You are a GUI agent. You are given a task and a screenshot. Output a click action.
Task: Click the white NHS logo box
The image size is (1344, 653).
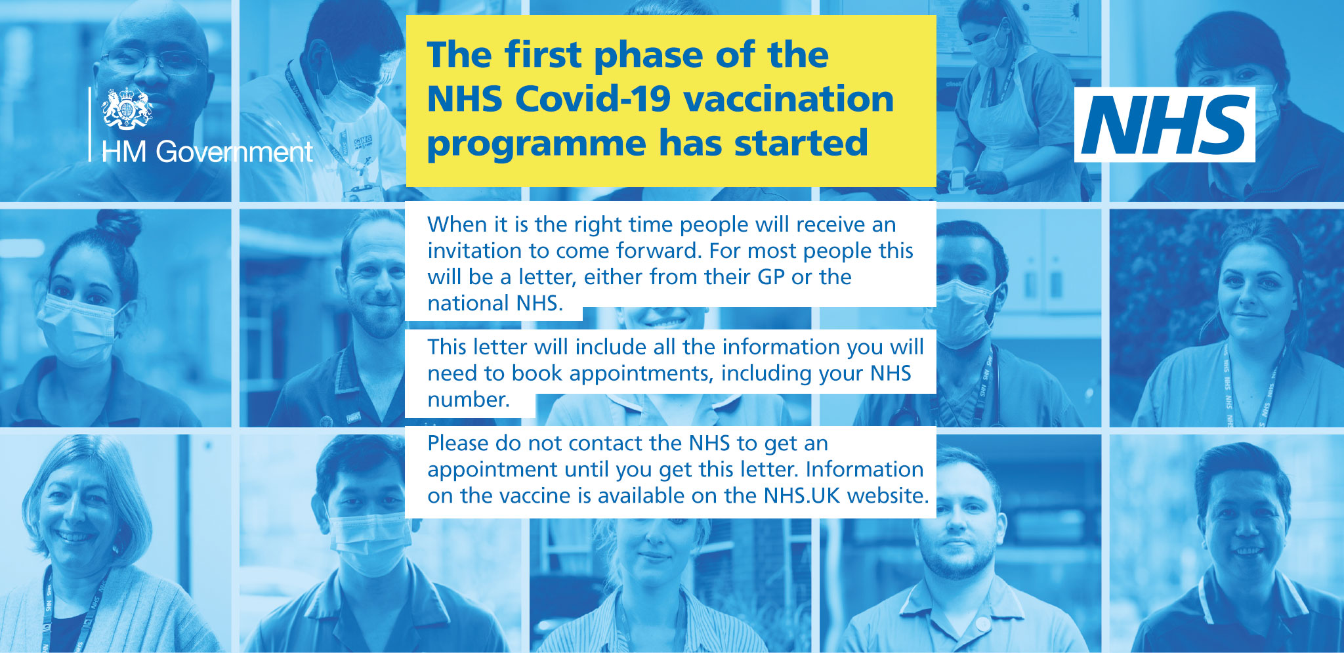click(1164, 125)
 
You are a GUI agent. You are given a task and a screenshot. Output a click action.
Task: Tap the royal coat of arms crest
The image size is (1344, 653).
click(127, 109)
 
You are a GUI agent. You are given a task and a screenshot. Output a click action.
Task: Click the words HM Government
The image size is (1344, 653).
click(207, 152)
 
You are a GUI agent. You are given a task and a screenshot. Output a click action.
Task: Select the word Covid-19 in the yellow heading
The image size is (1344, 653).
click(593, 99)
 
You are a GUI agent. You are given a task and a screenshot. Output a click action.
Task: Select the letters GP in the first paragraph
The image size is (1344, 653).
click(771, 277)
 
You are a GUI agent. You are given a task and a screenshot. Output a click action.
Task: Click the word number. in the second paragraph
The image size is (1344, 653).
click(469, 399)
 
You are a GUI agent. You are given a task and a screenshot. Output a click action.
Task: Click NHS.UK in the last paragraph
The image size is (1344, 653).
click(801, 495)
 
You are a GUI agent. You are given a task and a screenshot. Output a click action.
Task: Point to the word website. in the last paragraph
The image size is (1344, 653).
click(888, 495)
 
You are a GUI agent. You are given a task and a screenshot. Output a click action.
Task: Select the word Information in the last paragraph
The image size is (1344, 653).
click(864, 469)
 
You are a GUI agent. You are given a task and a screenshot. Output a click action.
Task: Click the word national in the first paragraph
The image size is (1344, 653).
click(468, 303)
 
